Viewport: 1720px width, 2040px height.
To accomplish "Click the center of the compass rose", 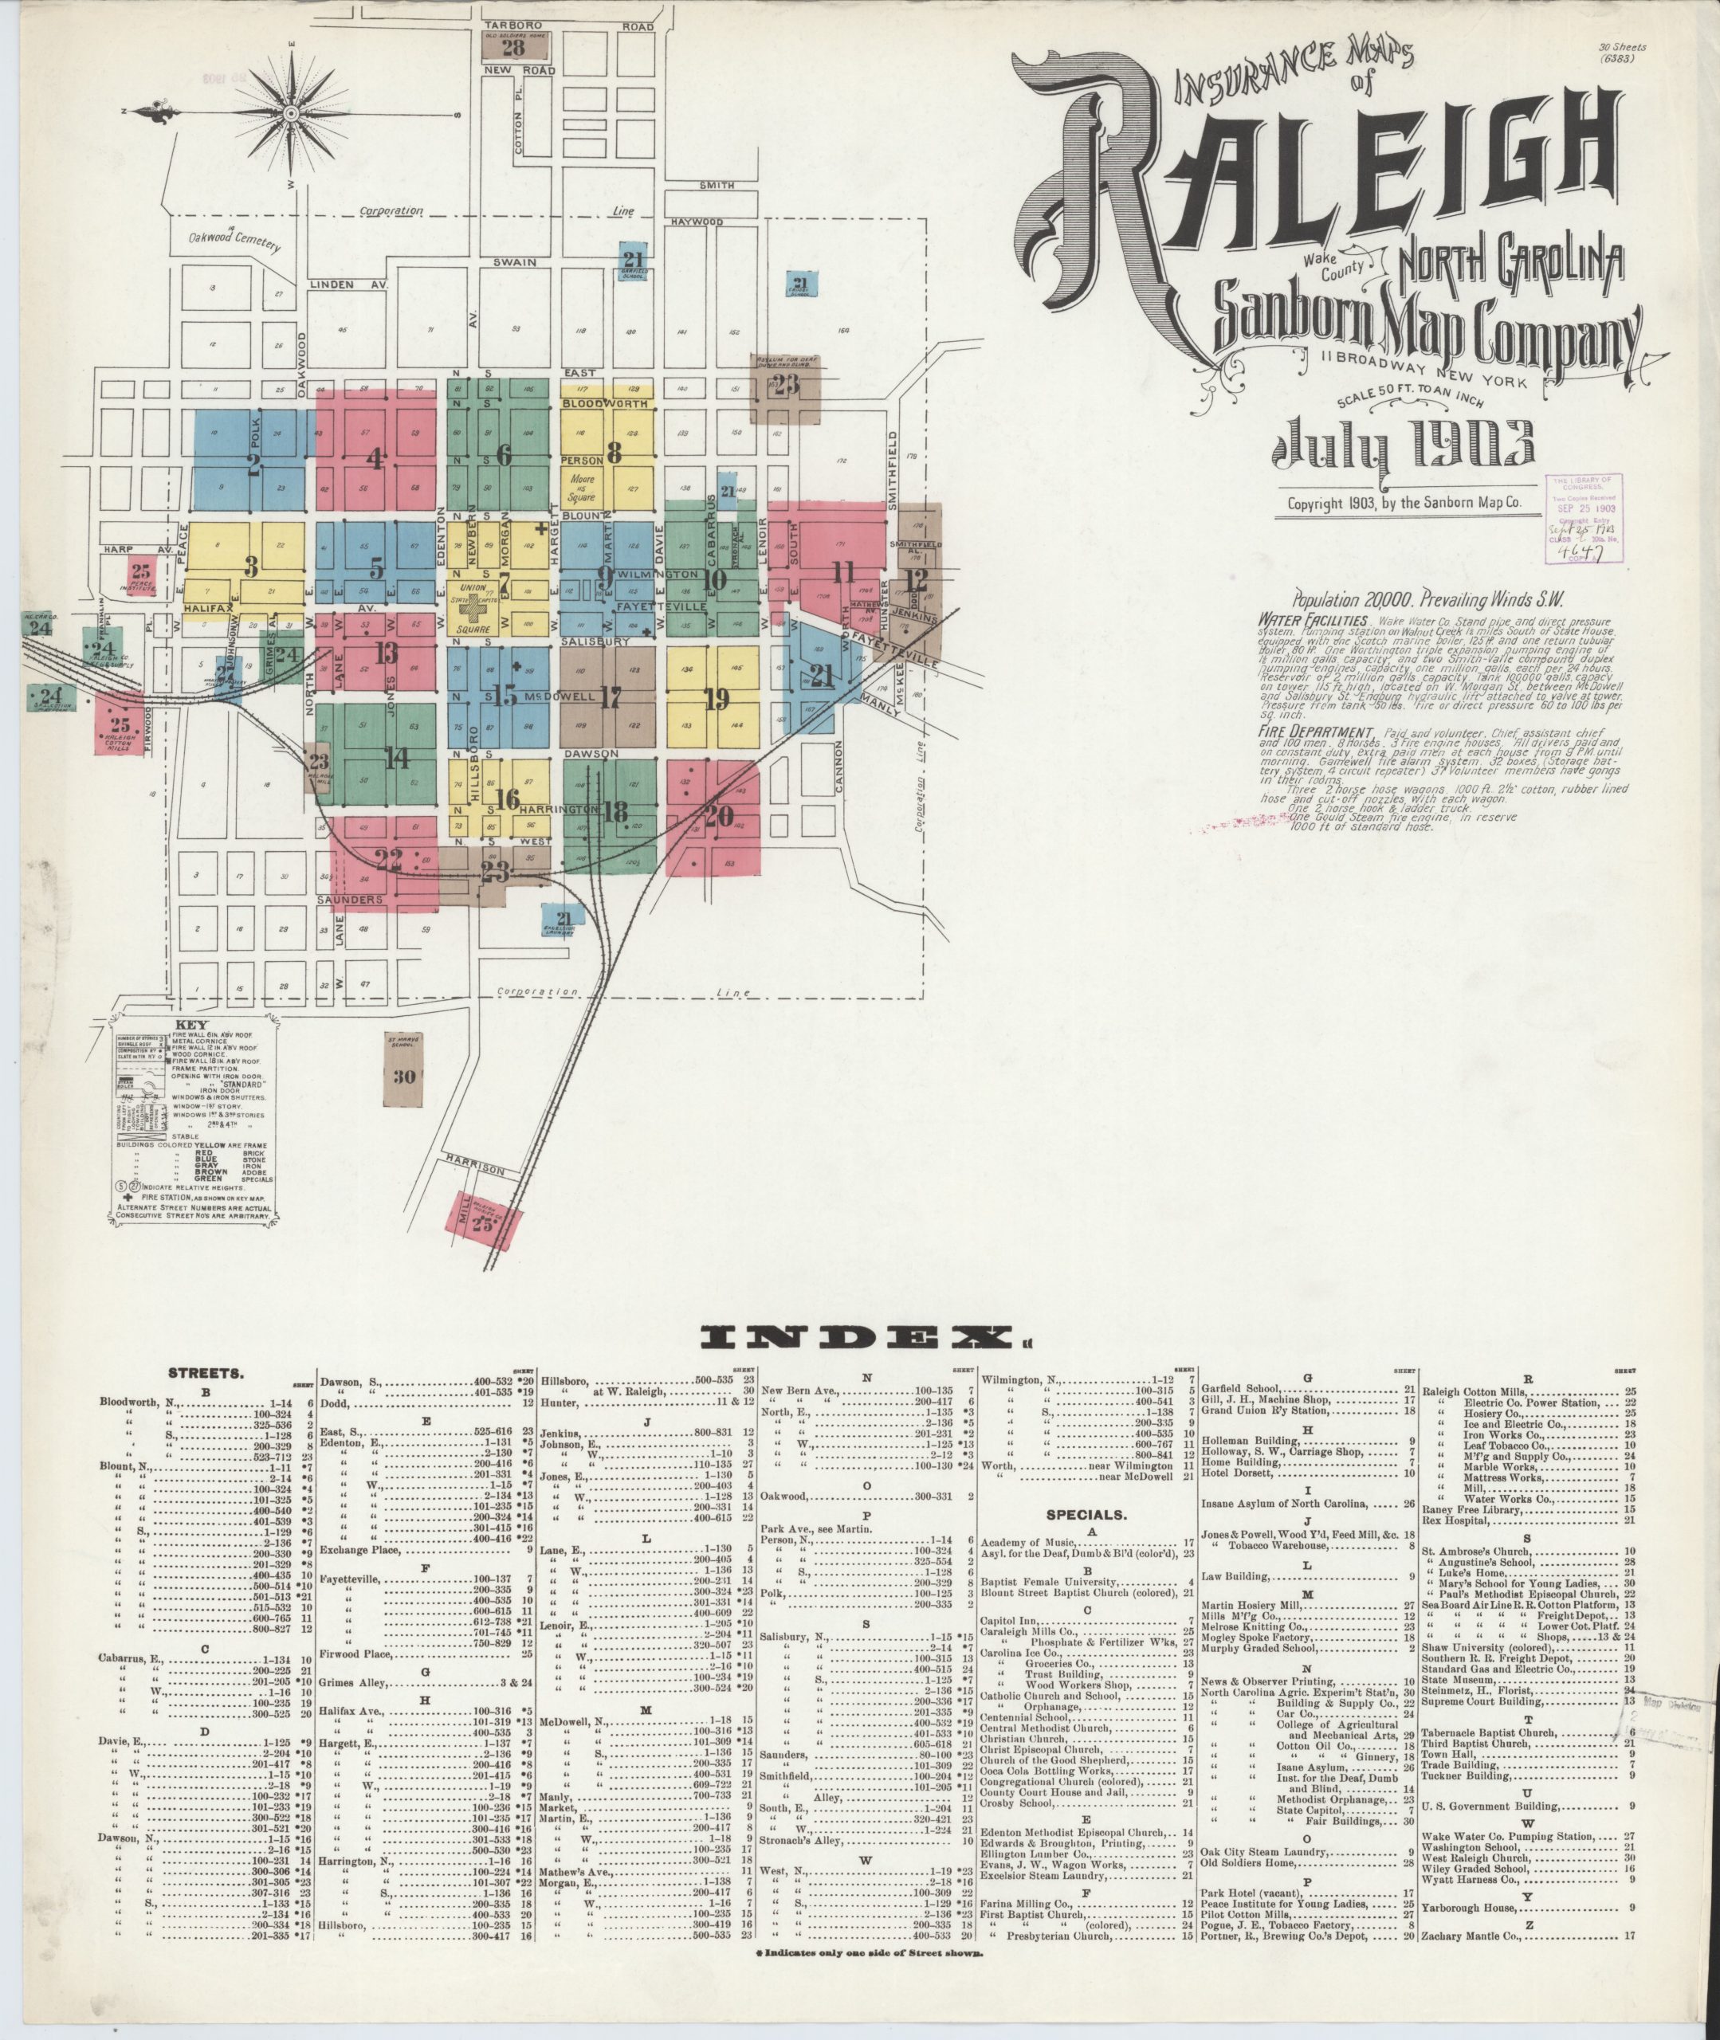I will click(x=291, y=114).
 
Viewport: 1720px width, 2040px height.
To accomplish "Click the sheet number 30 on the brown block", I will click(x=403, y=1076).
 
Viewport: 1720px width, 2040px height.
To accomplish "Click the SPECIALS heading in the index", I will click(x=1086, y=1516).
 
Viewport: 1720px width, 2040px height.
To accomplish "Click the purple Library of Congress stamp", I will click(x=1583, y=519).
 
